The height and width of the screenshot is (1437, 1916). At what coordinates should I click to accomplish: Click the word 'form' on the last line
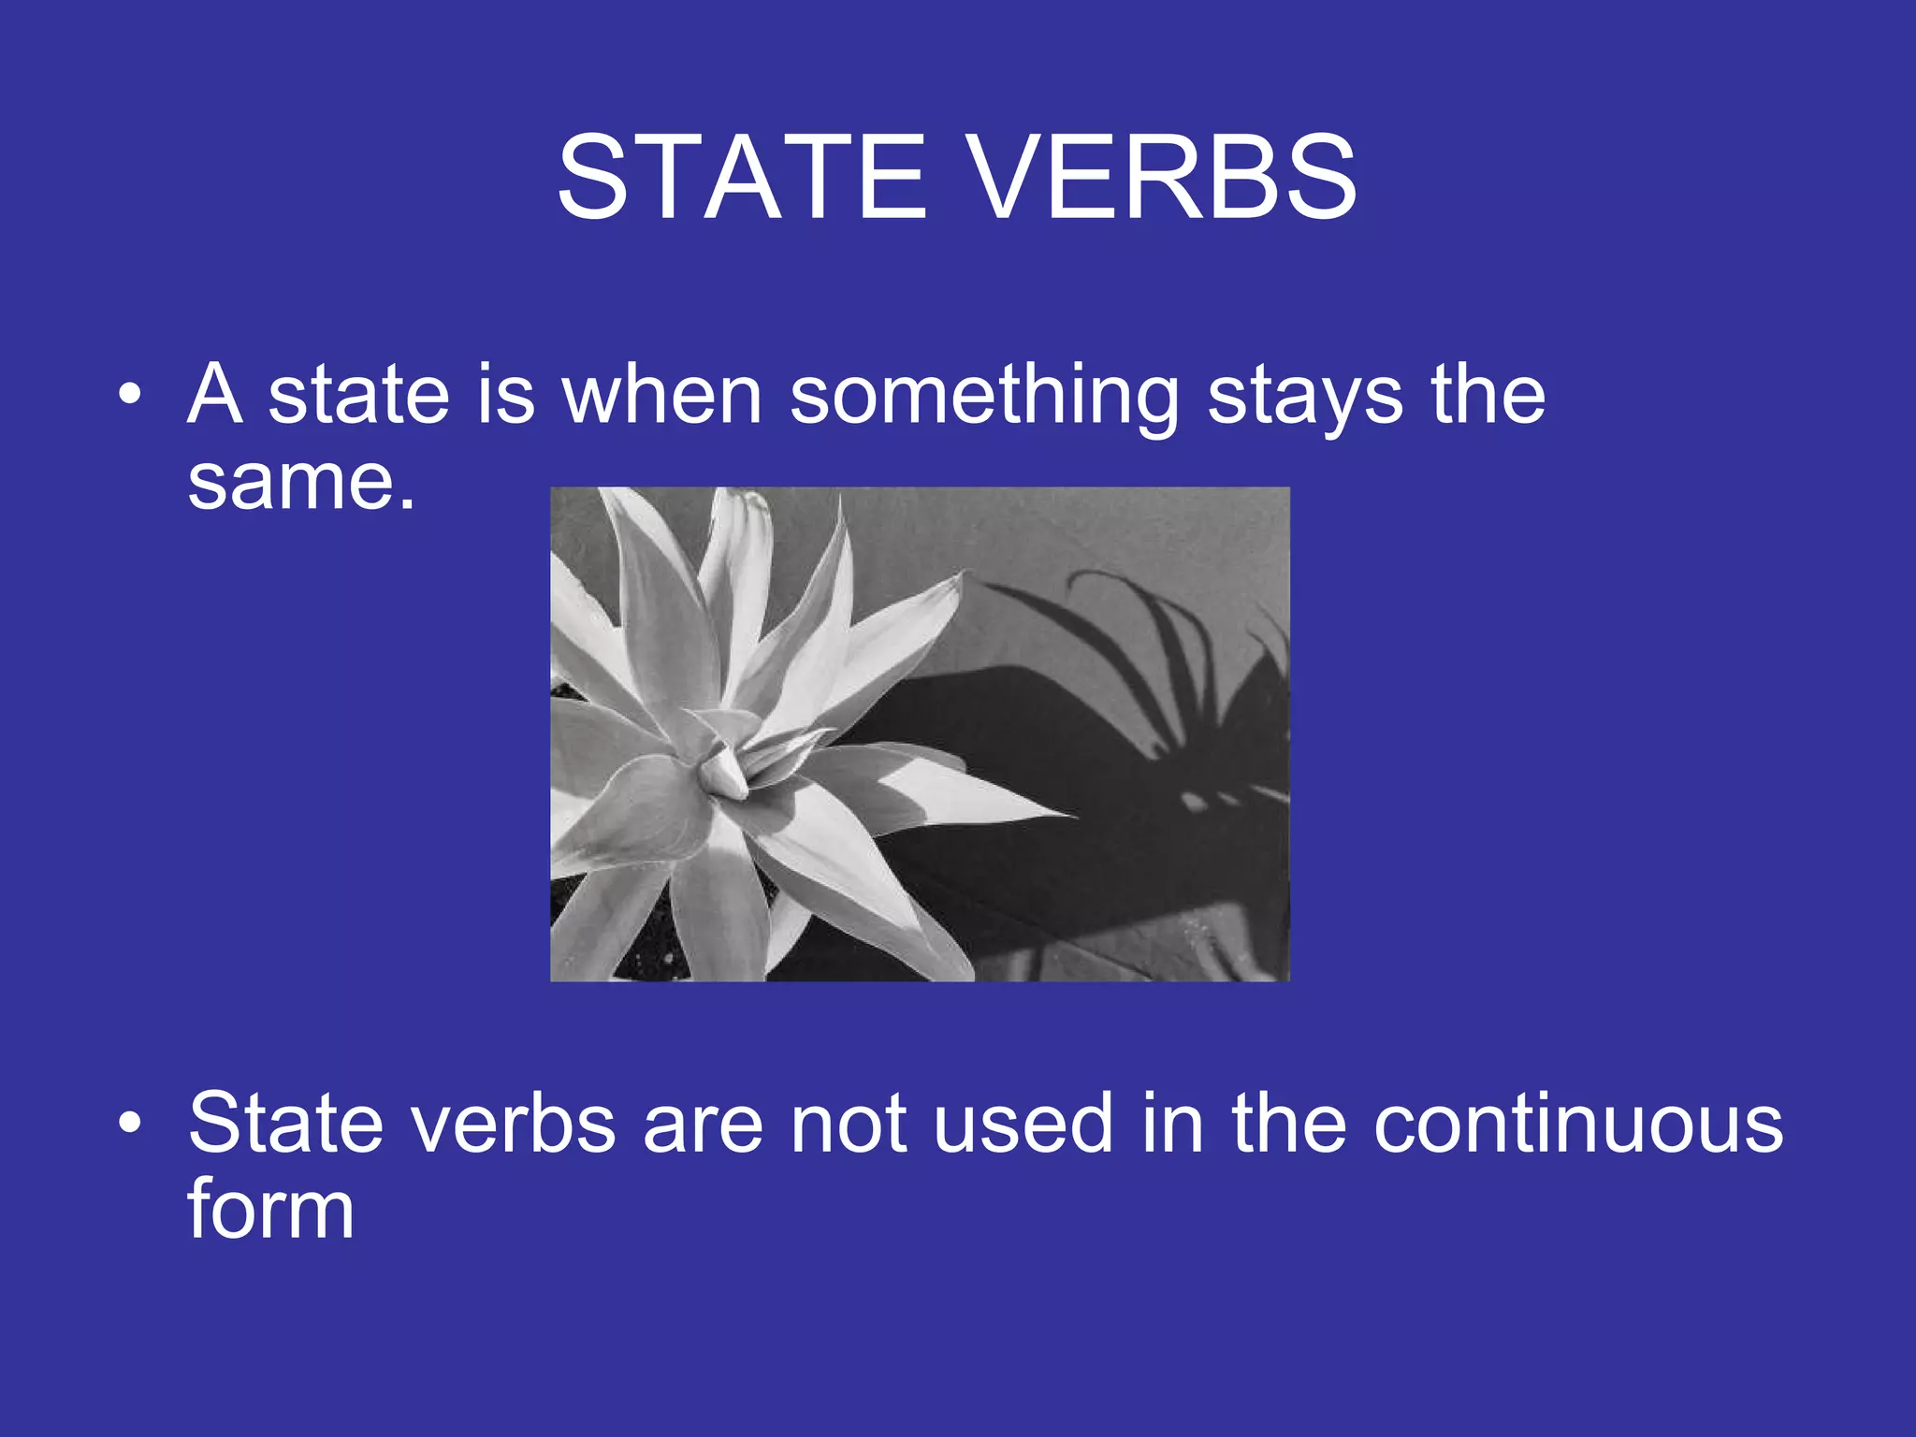tap(270, 1209)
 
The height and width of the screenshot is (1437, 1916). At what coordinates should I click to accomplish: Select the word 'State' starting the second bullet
tap(285, 1123)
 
